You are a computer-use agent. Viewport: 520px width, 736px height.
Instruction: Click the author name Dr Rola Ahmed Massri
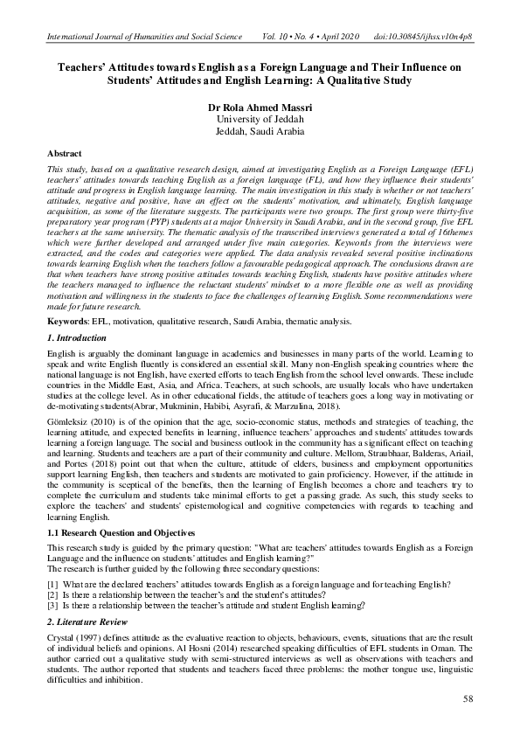point(260,108)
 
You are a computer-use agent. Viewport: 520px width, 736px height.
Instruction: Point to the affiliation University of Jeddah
point(260,119)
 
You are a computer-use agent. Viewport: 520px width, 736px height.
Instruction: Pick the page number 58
point(468,700)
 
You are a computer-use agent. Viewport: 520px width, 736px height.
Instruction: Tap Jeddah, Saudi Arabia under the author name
point(260,131)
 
